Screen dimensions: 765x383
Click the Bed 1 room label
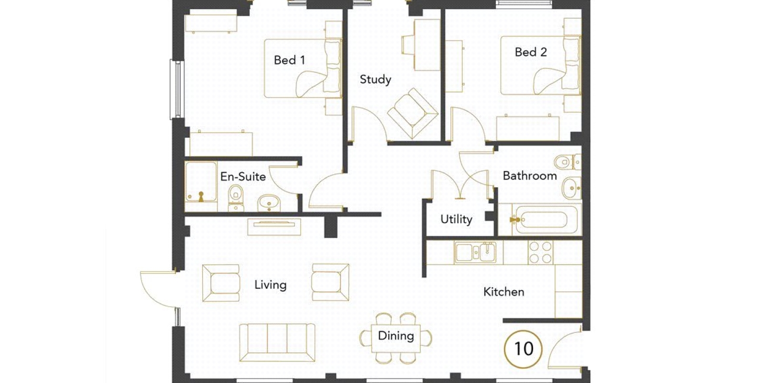pos(289,60)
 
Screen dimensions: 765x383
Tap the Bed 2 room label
pos(531,52)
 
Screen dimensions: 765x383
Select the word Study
pos(375,79)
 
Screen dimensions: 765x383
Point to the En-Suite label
pos(243,177)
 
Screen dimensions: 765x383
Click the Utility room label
pos(456,219)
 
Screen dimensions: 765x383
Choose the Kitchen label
pos(504,292)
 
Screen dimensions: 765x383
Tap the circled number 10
pos(523,349)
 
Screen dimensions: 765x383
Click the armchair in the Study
pos(413,113)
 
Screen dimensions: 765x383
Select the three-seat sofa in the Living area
pos(277,343)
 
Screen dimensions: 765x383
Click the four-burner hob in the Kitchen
pos(540,252)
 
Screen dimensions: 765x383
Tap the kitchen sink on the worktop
pos(475,252)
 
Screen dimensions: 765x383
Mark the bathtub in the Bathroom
pos(546,220)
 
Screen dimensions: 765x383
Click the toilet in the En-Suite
pos(236,198)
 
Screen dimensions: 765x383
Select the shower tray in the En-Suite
pos(201,182)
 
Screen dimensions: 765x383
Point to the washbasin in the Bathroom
pos(572,188)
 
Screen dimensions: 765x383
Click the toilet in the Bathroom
pos(567,162)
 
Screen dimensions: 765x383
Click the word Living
pos(271,285)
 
